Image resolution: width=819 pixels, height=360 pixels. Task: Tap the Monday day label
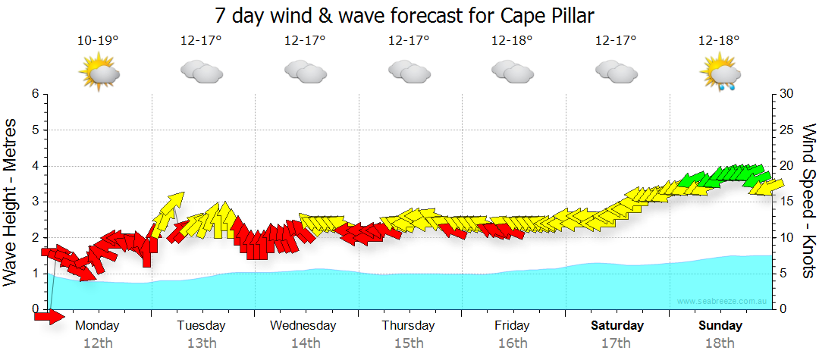pos(98,326)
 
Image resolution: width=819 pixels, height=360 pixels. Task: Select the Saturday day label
pos(617,326)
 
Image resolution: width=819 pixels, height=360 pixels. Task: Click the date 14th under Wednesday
pos(306,343)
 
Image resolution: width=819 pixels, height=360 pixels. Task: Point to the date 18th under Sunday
pos(720,343)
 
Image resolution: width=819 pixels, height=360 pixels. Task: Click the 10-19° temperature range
pos(98,39)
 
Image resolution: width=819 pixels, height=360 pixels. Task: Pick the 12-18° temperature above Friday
pos(512,39)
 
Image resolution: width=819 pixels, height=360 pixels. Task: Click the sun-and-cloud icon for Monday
pos(99,74)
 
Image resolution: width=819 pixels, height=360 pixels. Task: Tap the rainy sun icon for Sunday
pos(720,74)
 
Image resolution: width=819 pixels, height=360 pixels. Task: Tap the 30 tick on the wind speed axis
pos(787,94)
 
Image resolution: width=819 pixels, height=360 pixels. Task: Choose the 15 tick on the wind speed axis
pos(787,202)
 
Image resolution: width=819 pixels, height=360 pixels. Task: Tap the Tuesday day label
pos(201,326)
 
